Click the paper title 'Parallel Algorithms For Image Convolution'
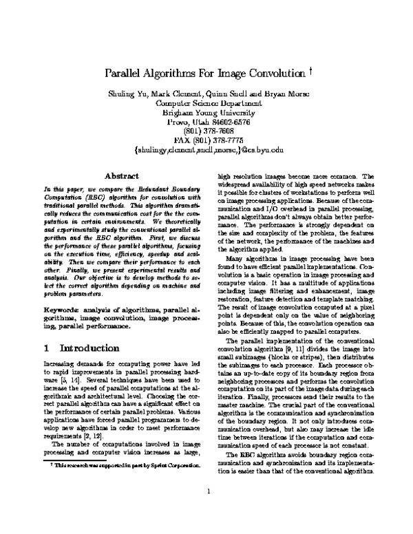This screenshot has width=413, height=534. pos(203,73)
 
